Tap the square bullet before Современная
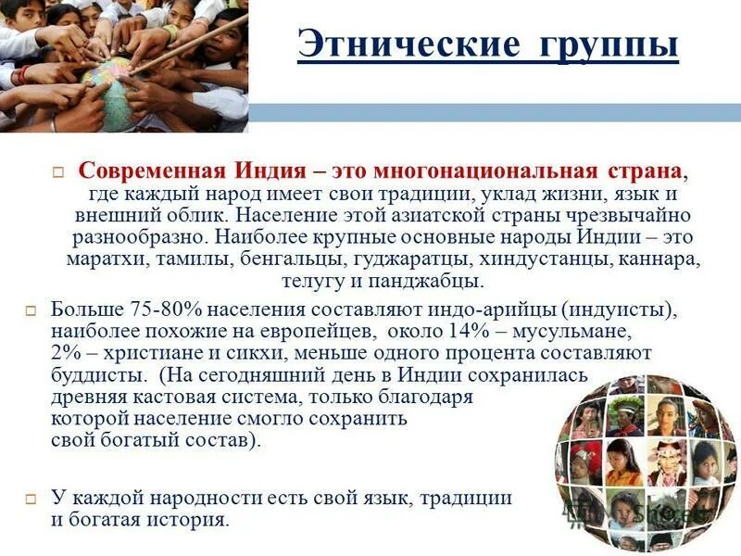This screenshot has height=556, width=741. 57,173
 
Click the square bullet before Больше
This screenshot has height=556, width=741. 31,310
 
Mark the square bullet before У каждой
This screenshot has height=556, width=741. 31,498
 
